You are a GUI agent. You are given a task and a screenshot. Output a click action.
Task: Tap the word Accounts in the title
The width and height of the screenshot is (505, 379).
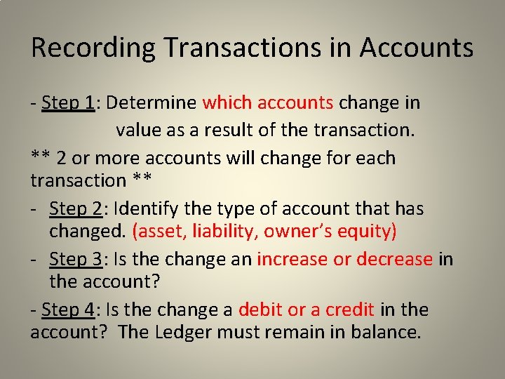coord(417,48)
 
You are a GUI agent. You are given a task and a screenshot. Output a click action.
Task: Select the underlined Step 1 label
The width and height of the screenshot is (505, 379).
coord(68,103)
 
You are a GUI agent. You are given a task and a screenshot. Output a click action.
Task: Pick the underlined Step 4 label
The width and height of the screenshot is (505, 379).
coord(69,310)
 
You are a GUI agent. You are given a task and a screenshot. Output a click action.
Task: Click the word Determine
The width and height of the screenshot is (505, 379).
coord(152,103)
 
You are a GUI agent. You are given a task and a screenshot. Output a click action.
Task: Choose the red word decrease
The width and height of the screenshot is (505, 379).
coord(394,259)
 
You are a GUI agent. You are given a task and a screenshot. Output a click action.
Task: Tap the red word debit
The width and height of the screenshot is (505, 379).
coord(259,310)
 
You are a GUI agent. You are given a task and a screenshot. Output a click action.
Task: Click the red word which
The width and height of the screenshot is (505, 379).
coord(227,103)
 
